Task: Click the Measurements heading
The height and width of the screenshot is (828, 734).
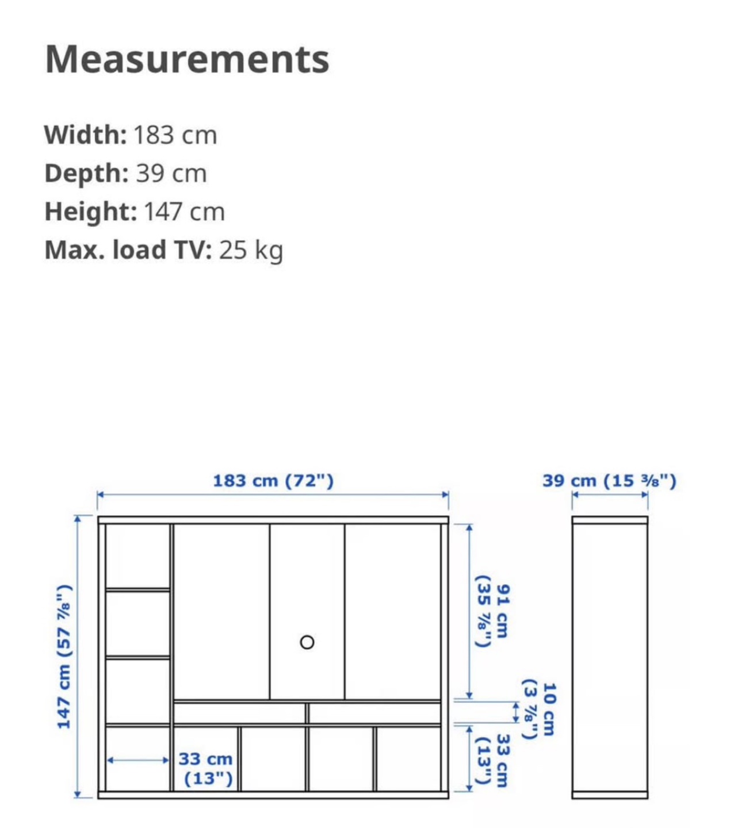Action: pos(187,59)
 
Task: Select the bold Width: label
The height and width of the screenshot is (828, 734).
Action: pos(86,135)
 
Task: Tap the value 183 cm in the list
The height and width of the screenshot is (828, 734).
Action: pos(175,135)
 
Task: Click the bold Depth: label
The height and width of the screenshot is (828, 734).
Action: pos(87,173)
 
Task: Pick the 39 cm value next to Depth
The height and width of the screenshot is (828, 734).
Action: pos(171,173)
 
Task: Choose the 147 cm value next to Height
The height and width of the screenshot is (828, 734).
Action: pos(185,212)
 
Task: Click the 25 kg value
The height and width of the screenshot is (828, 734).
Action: pos(251,250)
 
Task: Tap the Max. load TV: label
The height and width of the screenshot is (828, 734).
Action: pos(128,250)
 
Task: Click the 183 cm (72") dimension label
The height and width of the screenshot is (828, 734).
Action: pos(273,481)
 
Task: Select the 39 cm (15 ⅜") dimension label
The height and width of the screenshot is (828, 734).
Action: pos(609,481)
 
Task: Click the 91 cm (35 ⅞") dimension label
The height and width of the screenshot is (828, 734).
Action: pos(492,611)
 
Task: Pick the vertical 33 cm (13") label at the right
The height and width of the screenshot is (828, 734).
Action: pos(492,761)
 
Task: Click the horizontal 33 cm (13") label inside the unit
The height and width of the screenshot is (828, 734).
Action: pos(206,769)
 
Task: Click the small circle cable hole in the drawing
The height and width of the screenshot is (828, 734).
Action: pos(307,642)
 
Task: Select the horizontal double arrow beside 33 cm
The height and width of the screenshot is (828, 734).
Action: pos(138,760)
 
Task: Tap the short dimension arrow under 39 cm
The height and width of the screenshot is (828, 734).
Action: pos(610,495)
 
